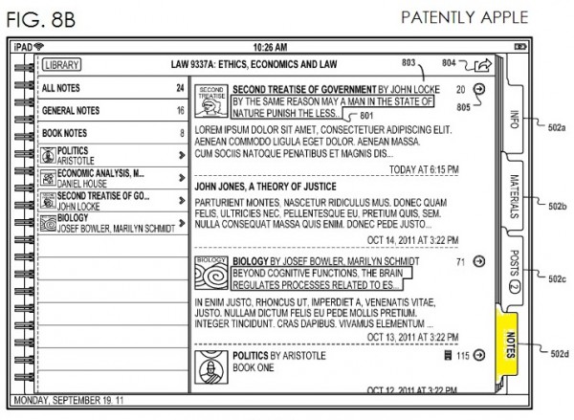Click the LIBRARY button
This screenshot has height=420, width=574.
tap(61, 65)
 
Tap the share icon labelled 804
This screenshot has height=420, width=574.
tap(483, 66)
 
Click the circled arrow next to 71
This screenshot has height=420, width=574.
tap(478, 262)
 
